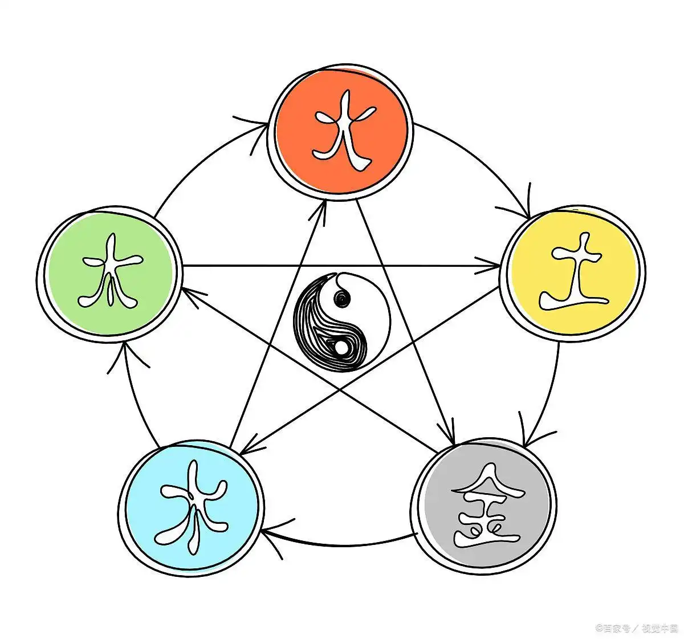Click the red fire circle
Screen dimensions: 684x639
pos(341,132)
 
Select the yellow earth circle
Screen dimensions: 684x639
pos(572,273)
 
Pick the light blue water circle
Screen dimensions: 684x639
pos(191,508)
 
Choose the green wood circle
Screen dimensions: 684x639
pos(110,274)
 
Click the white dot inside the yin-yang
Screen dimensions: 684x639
pos(341,349)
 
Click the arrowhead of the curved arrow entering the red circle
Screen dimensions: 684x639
pos(267,124)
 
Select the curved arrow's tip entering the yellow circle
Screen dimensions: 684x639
pos(528,218)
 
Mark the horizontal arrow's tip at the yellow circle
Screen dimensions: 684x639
pos(499,266)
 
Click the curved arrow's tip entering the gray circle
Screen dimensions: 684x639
pos(524,447)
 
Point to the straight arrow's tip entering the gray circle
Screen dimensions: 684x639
pos(454,445)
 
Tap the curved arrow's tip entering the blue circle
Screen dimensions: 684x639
pos(261,531)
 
